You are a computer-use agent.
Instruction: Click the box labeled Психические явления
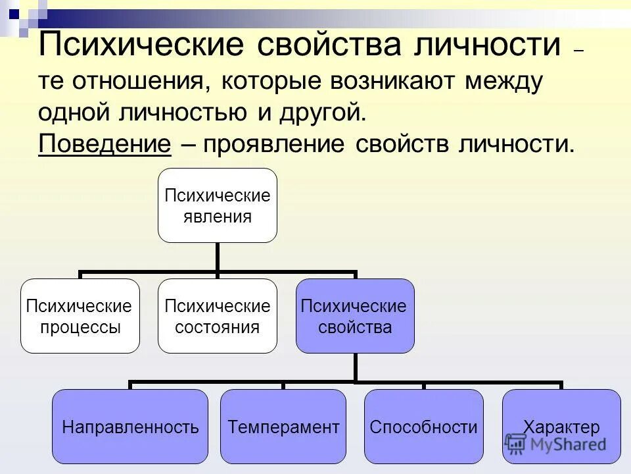coord(217,205)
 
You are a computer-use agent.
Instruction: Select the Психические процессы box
coord(80,316)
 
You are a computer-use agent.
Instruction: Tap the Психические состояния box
coord(217,316)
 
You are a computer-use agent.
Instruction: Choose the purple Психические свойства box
coord(355,316)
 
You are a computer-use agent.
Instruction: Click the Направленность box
coord(130,427)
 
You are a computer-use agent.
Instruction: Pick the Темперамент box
coord(283,427)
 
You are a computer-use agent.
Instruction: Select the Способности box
coord(423,427)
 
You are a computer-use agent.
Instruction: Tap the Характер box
coord(561,427)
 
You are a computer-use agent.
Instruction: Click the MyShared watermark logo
coord(555,445)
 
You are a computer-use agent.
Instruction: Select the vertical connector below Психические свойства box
coord(355,367)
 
